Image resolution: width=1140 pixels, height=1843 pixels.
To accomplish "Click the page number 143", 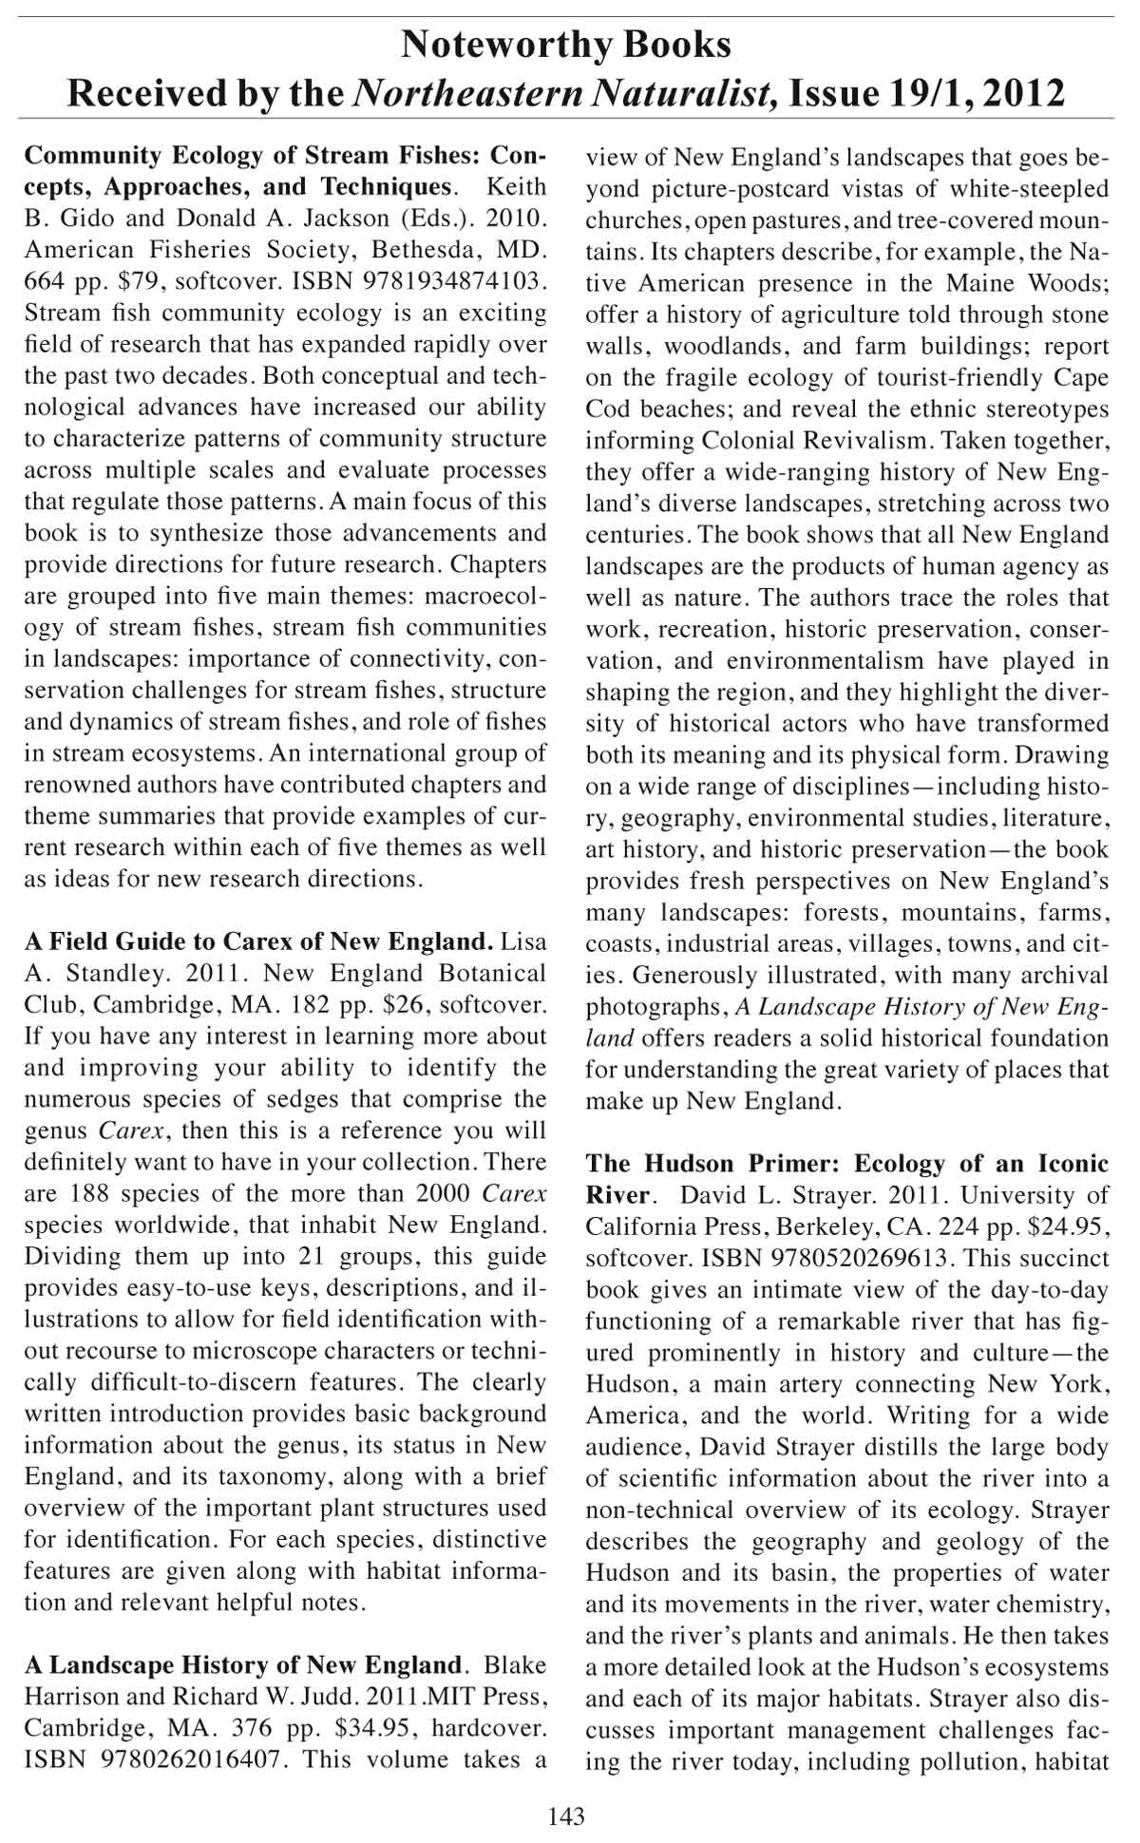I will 566,1816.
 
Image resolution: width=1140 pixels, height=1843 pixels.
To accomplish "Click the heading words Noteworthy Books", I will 566,45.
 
